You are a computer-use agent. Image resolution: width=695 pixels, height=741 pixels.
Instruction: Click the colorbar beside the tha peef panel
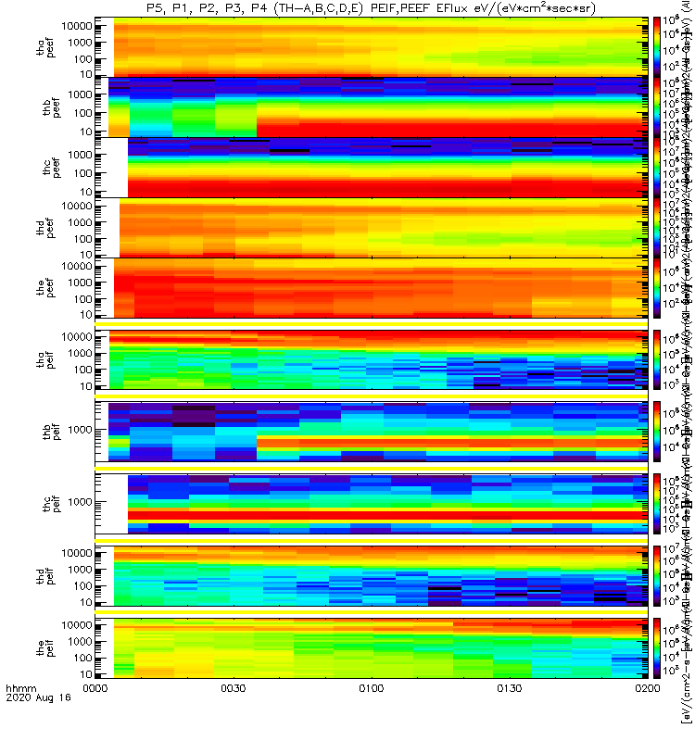657,46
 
